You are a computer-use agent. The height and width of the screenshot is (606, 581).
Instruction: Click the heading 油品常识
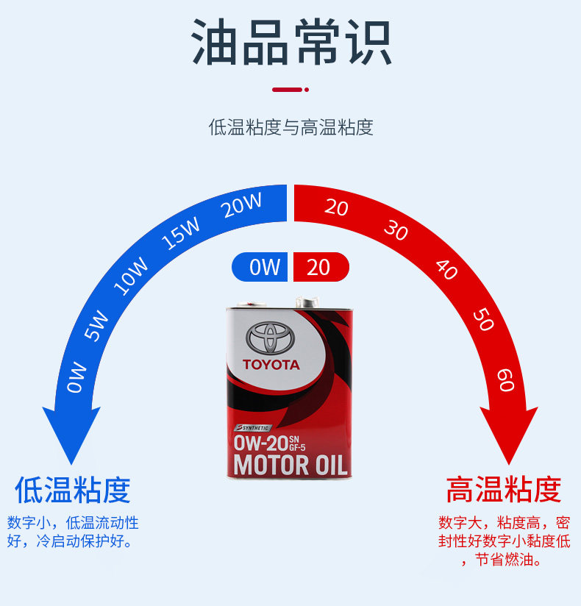[x=291, y=43]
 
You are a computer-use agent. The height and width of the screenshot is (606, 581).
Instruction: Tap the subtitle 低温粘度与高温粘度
[x=291, y=127]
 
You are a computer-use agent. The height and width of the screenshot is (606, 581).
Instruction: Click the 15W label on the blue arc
[x=181, y=234]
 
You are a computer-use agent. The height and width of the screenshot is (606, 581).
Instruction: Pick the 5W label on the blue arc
[x=96, y=326]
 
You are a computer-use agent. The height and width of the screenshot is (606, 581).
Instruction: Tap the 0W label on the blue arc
[x=76, y=377]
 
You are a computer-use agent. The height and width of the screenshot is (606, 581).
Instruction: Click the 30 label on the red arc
[x=395, y=230]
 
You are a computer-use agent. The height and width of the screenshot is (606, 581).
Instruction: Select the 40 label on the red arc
[x=446, y=269]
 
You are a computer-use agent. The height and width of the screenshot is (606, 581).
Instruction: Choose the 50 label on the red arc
[x=482, y=320]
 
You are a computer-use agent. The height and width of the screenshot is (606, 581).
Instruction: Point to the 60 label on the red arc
[x=505, y=379]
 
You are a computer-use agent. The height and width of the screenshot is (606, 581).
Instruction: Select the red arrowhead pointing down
[x=509, y=434]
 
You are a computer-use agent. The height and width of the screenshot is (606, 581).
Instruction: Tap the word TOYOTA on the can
[x=271, y=365]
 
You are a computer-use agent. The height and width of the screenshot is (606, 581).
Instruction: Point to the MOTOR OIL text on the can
[x=289, y=465]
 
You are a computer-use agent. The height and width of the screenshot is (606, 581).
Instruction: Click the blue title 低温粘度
[x=72, y=490]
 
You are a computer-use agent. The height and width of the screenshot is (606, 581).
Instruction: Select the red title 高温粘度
[x=504, y=490]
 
